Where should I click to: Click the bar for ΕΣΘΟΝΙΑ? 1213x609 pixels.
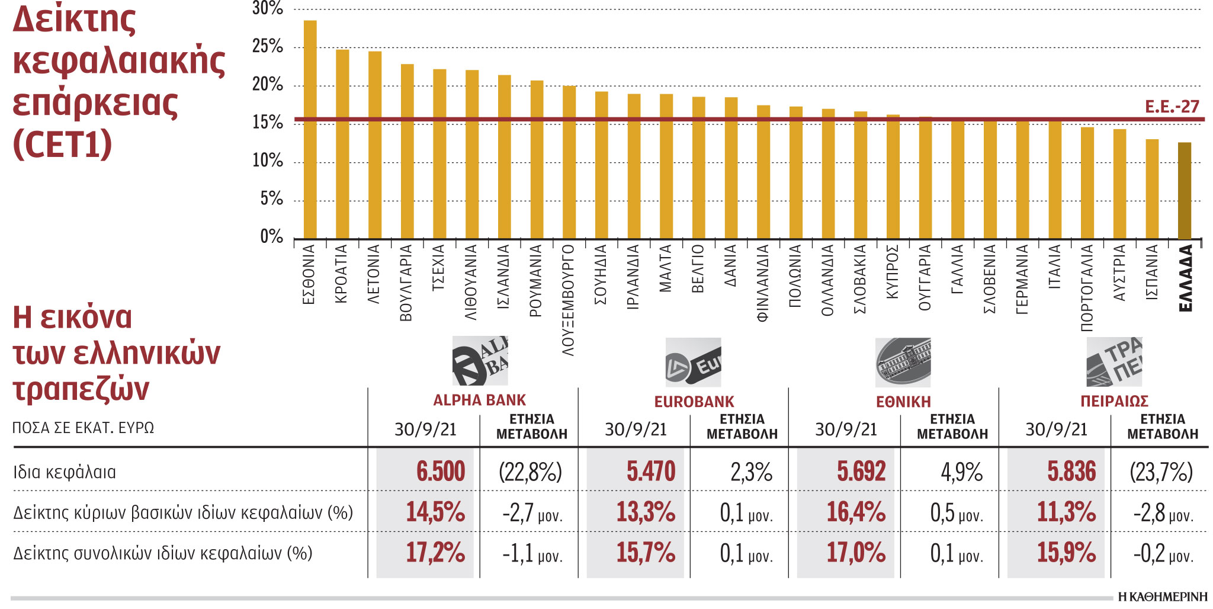tap(310, 130)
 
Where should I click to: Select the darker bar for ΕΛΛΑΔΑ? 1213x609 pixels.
tap(1184, 191)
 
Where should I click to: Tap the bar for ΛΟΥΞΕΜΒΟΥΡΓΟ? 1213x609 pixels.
tap(569, 162)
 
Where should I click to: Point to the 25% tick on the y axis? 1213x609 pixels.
tap(268, 46)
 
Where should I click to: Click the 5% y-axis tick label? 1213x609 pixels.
tap(271, 199)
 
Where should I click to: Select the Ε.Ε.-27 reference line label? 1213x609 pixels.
tap(1172, 107)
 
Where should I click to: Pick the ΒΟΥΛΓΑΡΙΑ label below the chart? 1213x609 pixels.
tap(406, 283)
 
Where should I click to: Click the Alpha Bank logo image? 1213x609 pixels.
tap(480, 361)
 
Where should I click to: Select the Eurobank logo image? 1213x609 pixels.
tap(693, 362)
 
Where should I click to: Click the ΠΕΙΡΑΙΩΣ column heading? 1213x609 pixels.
tap(1114, 402)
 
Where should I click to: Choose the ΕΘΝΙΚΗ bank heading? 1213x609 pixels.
tap(903, 402)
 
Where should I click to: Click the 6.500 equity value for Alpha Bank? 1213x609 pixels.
tap(440, 472)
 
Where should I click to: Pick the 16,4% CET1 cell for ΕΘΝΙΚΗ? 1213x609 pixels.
tap(856, 512)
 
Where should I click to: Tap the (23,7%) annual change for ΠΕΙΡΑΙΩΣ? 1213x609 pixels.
tap(1161, 472)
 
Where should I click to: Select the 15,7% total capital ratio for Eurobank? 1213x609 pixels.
tap(646, 553)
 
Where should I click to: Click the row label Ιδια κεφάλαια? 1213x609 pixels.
tap(65, 473)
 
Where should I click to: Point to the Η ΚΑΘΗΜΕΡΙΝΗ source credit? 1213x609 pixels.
tap(1162, 597)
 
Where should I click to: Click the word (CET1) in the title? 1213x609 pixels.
tap(62, 144)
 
